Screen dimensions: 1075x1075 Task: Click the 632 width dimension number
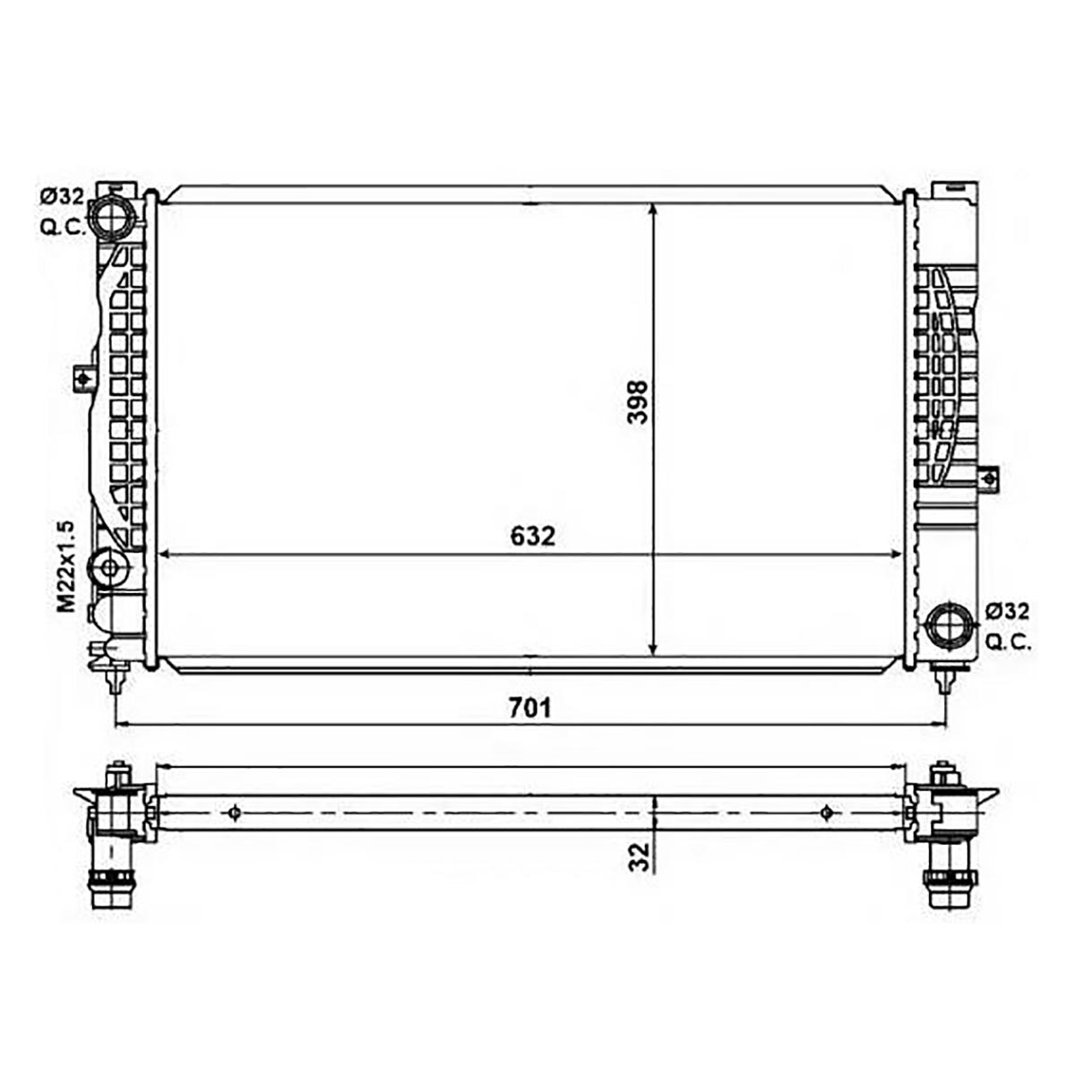(533, 537)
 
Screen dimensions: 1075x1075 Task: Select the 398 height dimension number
(638, 402)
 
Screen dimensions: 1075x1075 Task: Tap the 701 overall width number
(529, 708)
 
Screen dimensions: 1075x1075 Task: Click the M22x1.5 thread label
(67, 567)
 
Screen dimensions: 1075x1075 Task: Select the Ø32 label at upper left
(62, 196)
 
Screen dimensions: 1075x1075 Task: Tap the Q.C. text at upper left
(63, 227)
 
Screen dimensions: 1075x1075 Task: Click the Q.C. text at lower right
(1009, 642)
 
